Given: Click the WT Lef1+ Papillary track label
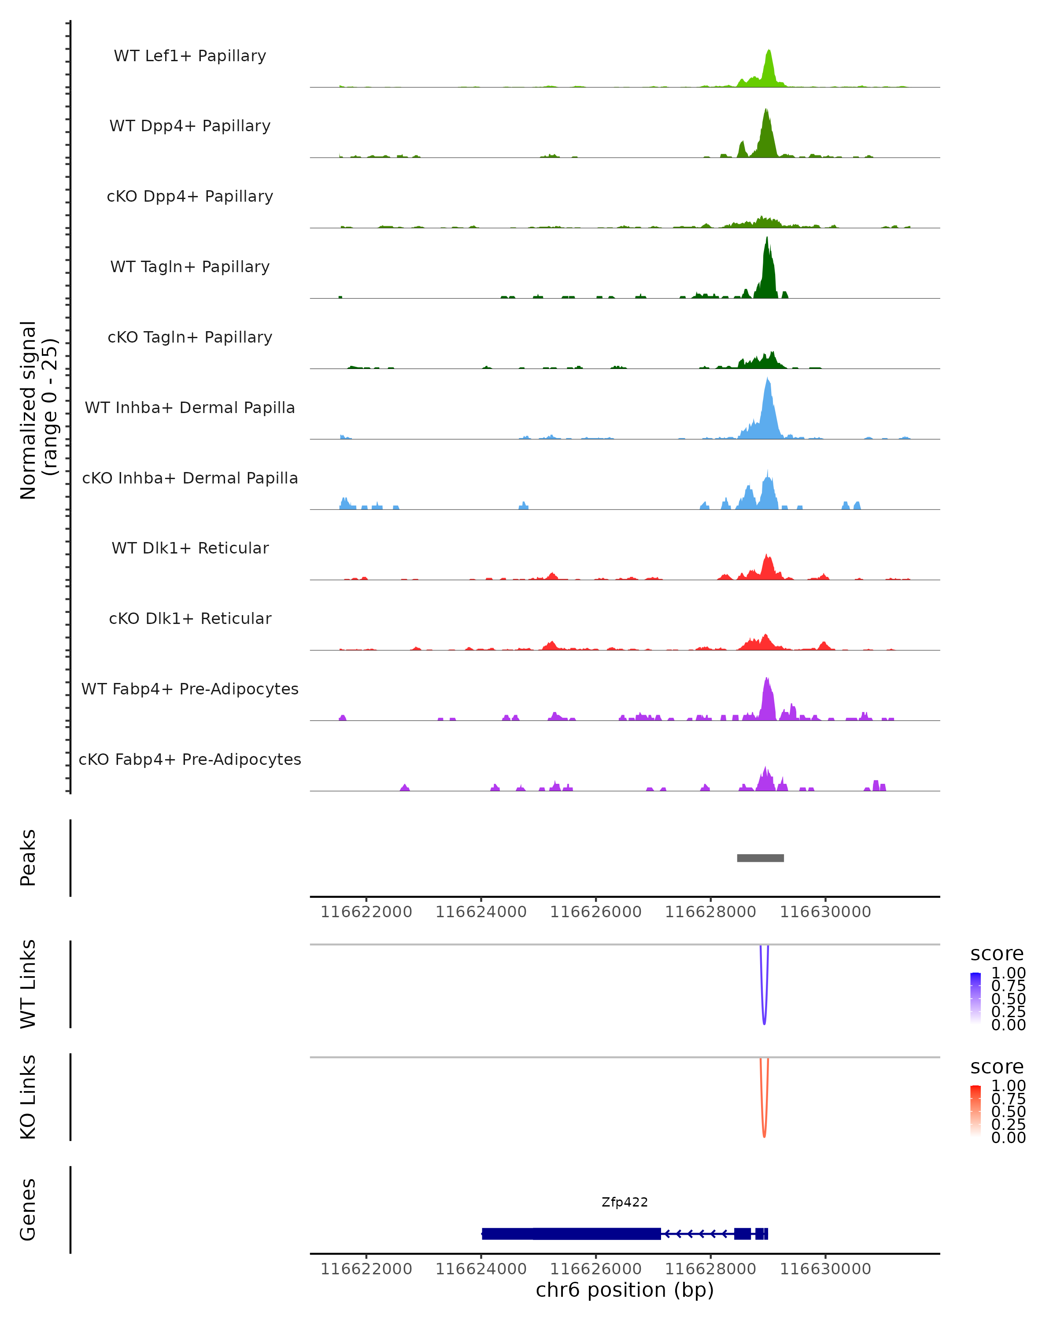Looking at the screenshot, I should click(190, 56).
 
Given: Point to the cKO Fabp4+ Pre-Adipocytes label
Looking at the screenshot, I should click(190, 759).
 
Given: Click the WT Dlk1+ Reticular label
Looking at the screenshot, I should click(190, 548).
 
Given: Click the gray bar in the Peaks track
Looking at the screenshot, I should click(760, 858).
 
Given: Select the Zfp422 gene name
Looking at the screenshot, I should click(625, 1202).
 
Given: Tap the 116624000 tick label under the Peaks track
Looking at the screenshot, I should click(481, 912).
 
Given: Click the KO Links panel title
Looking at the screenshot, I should click(28, 1097).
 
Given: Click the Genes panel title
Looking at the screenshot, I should click(28, 1210).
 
